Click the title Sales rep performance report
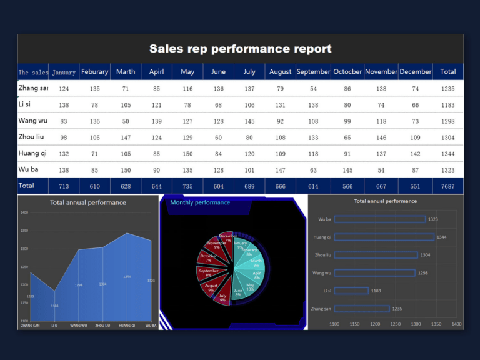tap(240, 49)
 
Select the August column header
tap(280, 72)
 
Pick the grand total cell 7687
tap(447, 186)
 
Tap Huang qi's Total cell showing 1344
tap(447, 154)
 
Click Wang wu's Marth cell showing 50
tap(126, 121)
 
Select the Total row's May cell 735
tap(187, 186)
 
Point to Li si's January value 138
tap(64, 105)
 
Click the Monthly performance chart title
tap(200, 202)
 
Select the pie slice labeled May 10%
tap(249, 287)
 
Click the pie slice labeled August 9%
tap(212, 287)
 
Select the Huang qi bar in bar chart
tap(384, 237)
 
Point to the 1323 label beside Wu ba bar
tap(432, 219)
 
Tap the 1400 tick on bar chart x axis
tap(456, 324)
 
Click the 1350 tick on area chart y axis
tap(24, 231)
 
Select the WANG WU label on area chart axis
tap(79, 326)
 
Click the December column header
tap(416, 72)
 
